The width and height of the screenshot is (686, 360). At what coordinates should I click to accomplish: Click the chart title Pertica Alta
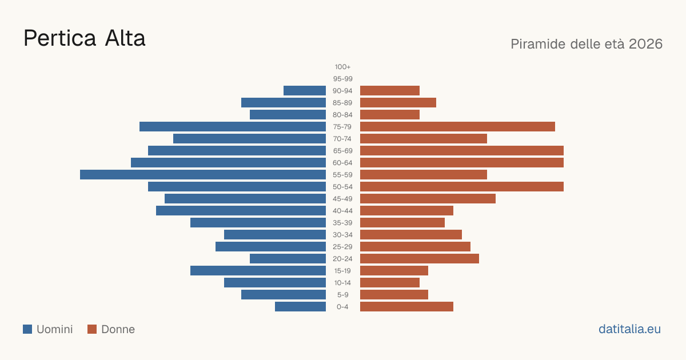pyautogui.click(x=84, y=38)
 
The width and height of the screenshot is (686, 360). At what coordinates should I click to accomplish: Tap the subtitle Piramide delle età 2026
pyautogui.click(x=587, y=44)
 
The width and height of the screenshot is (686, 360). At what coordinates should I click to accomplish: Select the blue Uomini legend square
pyautogui.click(x=27, y=329)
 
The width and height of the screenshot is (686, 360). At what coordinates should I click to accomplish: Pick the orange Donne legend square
pyautogui.click(x=92, y=329)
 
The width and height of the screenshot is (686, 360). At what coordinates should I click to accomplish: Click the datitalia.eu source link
pyautogui.click(x=629, y=329)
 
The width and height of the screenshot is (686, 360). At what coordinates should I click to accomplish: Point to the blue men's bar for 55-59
pyautogui.click(x=203, y=174)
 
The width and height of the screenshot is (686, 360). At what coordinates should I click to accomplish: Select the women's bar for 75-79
pyautogui.click(x=457, y=126)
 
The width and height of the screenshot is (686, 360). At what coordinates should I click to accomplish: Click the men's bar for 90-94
pyautogui.click(x=305, y=91)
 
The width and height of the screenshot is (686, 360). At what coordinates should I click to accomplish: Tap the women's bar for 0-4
pyautogui.click(x=406, y=306)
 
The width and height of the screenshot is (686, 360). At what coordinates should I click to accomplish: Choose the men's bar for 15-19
pyautogui.click(x=258, y=271)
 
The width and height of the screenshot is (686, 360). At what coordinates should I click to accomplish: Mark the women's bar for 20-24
pyautogui.click(x=420, y=259)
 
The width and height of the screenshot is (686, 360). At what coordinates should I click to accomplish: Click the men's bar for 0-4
pyautogui.click(x=301, y=306)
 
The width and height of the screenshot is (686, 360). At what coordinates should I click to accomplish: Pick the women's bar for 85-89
pyautogui.click(x=398, y=102)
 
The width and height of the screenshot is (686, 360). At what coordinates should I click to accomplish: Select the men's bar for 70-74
pyautogui.click(x=250, y=139)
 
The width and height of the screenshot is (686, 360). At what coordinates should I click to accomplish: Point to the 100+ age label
pyautogui.click(x=342, y=67)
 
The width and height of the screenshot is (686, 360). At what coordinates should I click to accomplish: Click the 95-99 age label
pyautogui.click(x=342, y=79)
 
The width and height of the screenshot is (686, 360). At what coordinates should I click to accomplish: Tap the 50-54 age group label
pyautogui.click(x=342, y=187)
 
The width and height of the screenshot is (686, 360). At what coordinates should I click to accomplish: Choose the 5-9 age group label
pyautogui.click(x=342, y=294)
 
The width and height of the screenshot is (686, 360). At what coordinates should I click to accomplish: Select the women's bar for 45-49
pyautogui.click(x=428, y=199)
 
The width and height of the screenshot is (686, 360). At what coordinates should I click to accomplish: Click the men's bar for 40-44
pyautogui.click(x=241, y=211)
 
